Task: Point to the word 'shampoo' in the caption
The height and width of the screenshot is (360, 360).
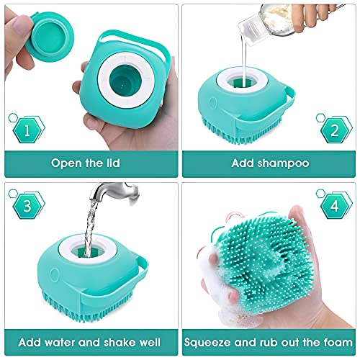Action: pos(287,163)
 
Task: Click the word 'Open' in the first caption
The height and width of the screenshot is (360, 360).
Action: pos(67,163)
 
